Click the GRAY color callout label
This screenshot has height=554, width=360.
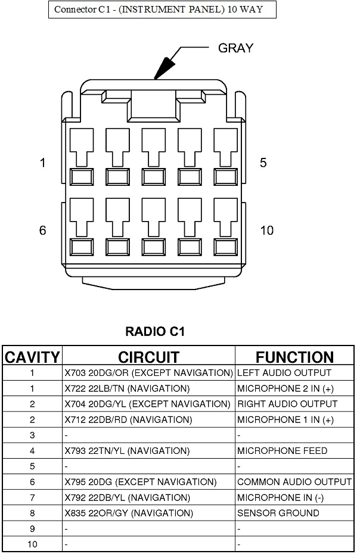[x=236, y=48]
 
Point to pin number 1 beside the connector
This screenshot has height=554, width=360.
[x=42, y=163]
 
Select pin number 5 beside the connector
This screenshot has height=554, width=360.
[x=263, y=163]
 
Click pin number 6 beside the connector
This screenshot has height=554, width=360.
[x=42, y=231]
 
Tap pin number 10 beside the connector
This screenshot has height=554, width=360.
[x=267, y=231]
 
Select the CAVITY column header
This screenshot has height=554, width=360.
[x=32, y=357]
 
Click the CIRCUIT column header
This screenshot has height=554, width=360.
[x=148, y=357]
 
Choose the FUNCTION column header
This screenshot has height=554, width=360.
[x=294, y=357]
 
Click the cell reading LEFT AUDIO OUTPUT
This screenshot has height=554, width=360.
[x=284, y=373]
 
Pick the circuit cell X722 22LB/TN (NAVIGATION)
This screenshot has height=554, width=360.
[x=127, y=388]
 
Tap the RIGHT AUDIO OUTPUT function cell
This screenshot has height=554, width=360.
[x=287, y=404]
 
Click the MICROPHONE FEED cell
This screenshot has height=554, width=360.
[x=282, y=451]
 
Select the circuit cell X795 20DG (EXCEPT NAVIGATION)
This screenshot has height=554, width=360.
[x=140, y=482]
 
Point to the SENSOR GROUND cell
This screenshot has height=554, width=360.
[x=278, y=513]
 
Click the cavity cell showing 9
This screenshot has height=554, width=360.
[x=32, y=528]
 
